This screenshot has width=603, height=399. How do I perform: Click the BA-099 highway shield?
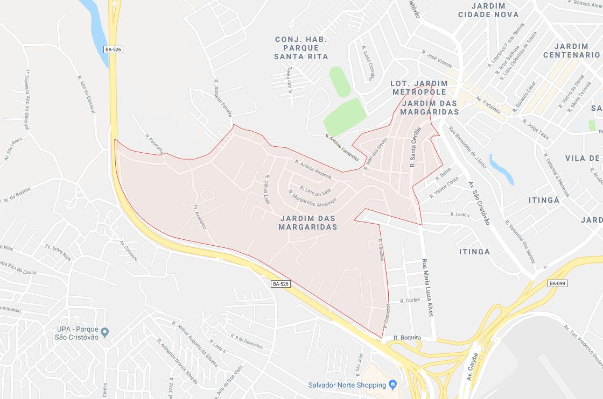(558, 283)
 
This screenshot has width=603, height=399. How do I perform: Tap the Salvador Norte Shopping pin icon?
(392, 384)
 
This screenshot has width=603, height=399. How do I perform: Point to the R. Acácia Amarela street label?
(313, 168)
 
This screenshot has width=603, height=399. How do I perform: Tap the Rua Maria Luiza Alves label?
(426, 288)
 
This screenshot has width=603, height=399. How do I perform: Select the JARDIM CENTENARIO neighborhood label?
(571, 51)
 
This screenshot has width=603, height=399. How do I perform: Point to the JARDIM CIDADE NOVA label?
(488, 10)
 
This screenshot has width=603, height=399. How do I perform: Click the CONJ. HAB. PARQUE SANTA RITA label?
(301, 48)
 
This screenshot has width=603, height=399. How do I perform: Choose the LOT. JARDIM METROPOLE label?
(419, 88)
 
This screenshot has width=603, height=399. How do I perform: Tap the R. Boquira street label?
(407, 338)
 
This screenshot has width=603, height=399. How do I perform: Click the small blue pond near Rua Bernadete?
(501, 169)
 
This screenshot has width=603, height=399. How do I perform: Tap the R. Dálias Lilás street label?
(267, 189)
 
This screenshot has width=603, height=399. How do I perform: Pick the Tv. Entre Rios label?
(58, 253)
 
